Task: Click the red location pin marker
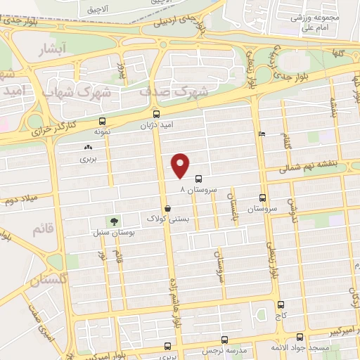[181, 164]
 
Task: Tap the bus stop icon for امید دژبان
[155, 113]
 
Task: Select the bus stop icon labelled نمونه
[103, 121]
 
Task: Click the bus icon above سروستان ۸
[198, 179]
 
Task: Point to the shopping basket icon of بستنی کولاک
[167, 208]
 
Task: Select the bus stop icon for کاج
[281, 304]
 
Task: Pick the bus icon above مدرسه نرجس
[167, 345]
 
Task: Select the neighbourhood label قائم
[40, 229]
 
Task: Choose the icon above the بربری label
[88, 148]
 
